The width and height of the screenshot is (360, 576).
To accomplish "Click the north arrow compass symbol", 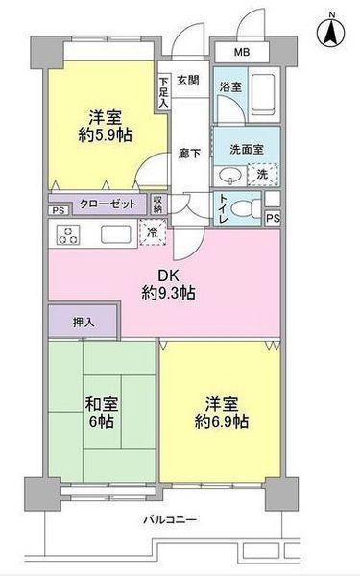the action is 331,33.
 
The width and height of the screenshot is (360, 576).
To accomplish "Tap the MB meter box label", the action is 242,52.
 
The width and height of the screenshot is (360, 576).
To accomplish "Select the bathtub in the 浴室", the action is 263,95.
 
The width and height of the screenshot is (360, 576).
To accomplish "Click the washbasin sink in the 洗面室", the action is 230,176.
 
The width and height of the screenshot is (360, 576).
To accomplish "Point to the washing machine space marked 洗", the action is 263,174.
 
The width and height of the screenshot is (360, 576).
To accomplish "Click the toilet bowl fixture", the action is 245,208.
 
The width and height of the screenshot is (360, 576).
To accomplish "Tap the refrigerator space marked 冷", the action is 153,232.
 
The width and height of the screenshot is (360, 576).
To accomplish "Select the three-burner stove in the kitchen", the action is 68,235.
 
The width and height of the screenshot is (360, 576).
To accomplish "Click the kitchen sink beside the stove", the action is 116,234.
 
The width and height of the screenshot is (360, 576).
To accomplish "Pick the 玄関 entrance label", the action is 188,81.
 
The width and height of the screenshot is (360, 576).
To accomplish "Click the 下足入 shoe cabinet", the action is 163,92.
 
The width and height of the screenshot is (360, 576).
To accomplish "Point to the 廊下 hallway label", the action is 189,154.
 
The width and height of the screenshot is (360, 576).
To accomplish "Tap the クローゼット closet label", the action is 108,204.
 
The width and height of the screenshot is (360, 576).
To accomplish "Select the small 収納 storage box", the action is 158,204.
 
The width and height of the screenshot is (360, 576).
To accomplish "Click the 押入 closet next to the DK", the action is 84,321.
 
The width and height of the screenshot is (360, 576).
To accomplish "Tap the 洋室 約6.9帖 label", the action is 222,413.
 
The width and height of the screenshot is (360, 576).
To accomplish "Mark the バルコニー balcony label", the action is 170,519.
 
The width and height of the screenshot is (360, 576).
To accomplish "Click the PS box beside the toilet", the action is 273,219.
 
